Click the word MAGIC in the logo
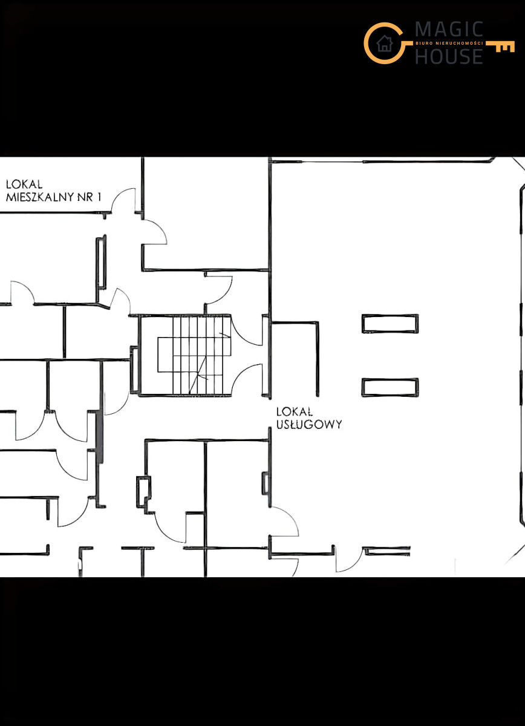449,29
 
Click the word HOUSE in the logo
449,56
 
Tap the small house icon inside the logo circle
385,43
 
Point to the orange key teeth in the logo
505,48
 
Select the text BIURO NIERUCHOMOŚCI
449,43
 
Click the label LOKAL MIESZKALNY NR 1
53,191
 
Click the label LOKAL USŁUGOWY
309,418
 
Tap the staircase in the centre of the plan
184,355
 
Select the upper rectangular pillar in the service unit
390,324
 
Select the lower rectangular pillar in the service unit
390,387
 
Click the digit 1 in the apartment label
99,197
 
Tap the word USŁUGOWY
309,424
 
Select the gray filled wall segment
100,437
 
